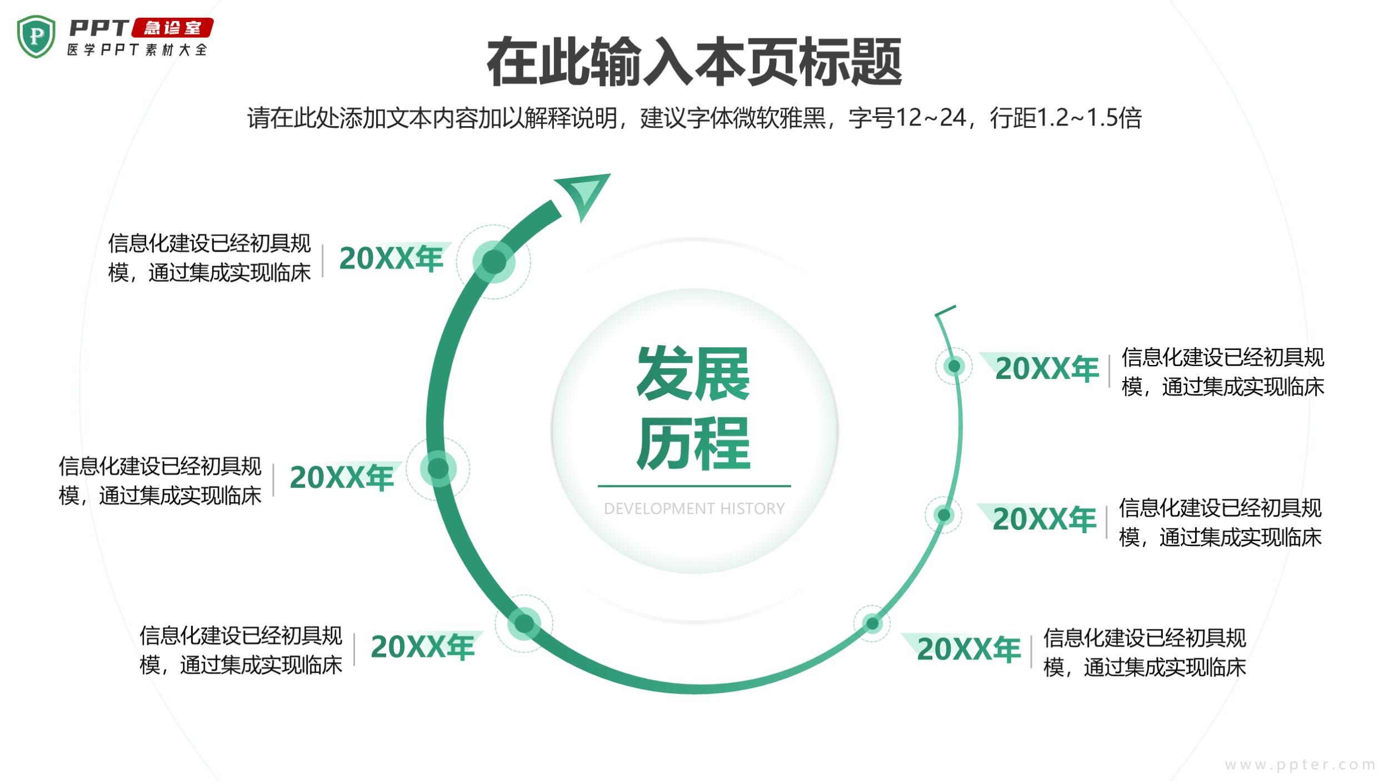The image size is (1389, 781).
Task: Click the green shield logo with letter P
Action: tap(36, 37)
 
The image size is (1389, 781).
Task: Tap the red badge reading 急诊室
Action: tap(172, 28)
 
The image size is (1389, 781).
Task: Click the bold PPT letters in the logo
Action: tap(99, 28)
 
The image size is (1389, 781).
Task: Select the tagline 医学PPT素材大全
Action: tap(137, 50)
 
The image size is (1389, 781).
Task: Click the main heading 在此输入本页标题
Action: tap(694, 62)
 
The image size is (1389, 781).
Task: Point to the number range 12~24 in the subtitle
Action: tap(931, 118)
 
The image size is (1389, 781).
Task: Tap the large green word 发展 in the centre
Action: tap(693, 373)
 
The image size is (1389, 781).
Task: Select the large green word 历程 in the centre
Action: tap(693, 443)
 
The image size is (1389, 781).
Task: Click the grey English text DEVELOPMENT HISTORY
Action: tap(694, 509)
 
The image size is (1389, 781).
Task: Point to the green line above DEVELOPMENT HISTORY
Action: tap(694, 486)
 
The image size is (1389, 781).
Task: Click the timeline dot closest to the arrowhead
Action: tap(494, 262)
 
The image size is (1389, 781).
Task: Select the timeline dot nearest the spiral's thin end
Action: tap(954, 366)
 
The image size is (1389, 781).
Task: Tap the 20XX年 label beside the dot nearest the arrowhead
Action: tap(391, 258)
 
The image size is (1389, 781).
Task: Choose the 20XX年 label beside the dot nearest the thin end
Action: tap(1047, 369)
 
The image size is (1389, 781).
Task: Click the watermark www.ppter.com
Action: tap(1300, 765)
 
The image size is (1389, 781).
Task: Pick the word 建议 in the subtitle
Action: tap(663, 118)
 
